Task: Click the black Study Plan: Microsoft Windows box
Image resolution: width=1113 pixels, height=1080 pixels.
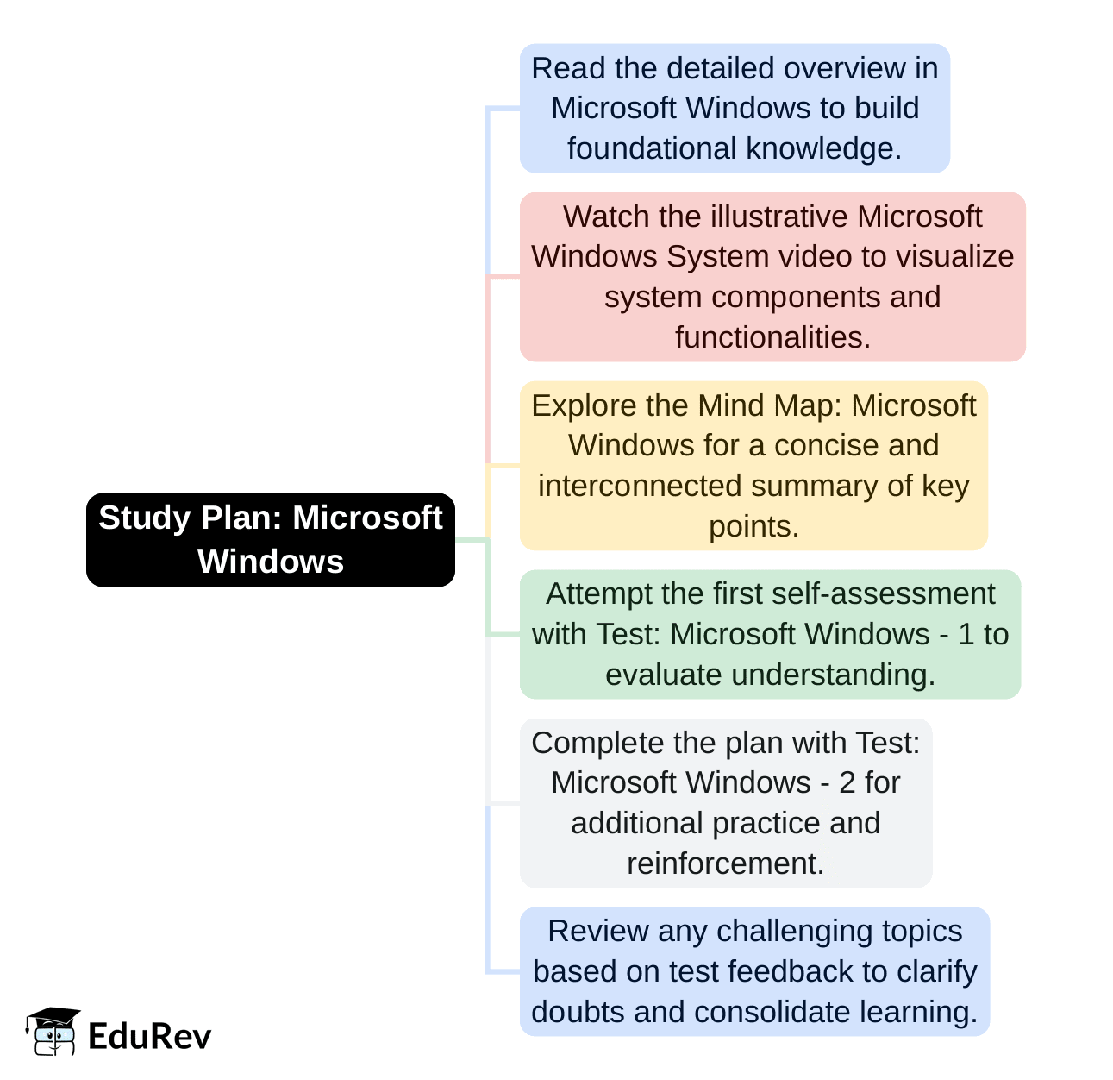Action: click(271, 540)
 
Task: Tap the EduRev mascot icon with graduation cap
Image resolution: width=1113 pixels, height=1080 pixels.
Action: click(53, 1032)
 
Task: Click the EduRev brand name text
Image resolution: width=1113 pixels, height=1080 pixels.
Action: click(150, 1037)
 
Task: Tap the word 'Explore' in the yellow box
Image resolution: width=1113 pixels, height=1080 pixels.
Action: click(584, 406)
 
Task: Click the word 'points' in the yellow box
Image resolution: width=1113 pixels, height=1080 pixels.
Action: click(749, 527)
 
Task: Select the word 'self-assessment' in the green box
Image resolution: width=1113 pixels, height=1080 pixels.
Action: click(883, 593)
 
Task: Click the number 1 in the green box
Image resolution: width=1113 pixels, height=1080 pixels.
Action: click(966, 634)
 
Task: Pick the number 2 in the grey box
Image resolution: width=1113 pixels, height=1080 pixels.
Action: click(847, 782)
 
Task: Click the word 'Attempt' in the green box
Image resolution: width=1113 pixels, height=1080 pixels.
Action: click(599, 594)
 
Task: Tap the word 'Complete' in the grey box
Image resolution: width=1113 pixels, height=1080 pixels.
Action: click(593, 744)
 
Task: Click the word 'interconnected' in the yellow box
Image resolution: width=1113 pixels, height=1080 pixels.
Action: click(640, 486)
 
